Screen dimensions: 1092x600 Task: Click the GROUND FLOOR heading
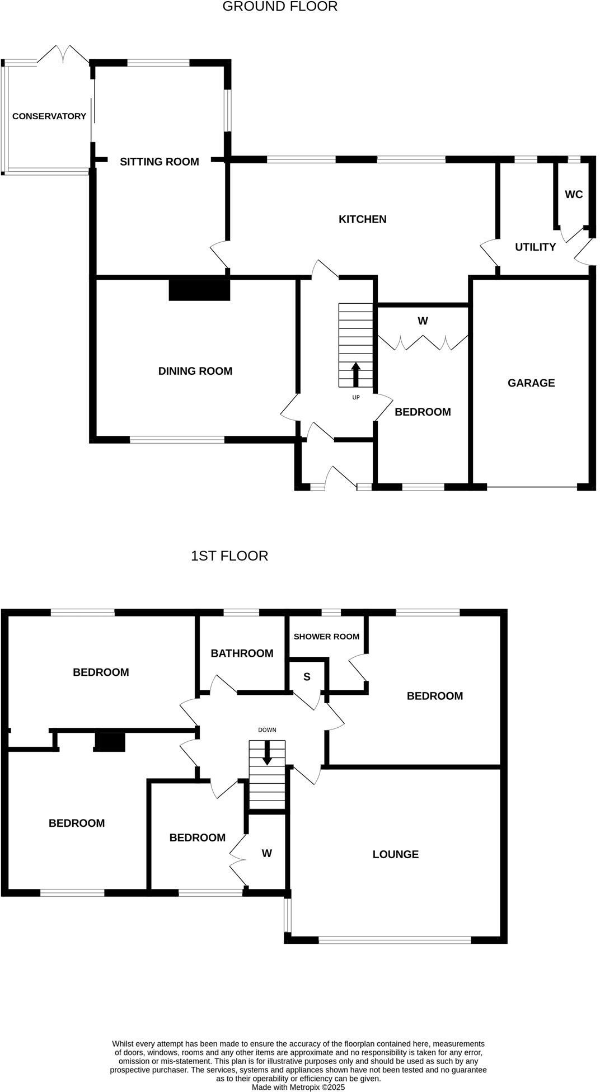[x=280, y=7]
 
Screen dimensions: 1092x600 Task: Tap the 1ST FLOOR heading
[x=229, y=556]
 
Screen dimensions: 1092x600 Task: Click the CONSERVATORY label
[x=49, y=116]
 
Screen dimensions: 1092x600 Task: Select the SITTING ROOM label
[x=160, y=162]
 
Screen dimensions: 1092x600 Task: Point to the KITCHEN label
[x=363, y=219]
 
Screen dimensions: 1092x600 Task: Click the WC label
[x=574, y=195]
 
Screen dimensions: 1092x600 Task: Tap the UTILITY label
[x=536, y=247]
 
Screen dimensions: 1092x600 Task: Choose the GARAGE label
[x=531, y=383]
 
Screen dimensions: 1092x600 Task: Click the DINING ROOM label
[x=195, y=371]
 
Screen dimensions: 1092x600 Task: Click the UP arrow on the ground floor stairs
[x=355, y=374]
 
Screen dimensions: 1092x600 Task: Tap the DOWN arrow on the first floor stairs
[x=267, y=752]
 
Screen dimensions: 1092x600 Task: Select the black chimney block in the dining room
[x=200, y=290]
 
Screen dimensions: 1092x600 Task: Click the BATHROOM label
[x=242, y=653]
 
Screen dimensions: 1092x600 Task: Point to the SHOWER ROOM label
[x=326, y=637]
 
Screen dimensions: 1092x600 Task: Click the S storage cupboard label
[x=307, y=677]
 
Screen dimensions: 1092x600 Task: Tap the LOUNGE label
[x=396, y=854]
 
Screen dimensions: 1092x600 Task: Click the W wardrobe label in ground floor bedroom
[x=423, y=321]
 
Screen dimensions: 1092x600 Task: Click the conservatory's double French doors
[x=63, y=54]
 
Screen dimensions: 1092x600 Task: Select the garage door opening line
[x=532, y=487]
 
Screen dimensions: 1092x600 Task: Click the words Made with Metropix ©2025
[x=298, y=1087]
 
